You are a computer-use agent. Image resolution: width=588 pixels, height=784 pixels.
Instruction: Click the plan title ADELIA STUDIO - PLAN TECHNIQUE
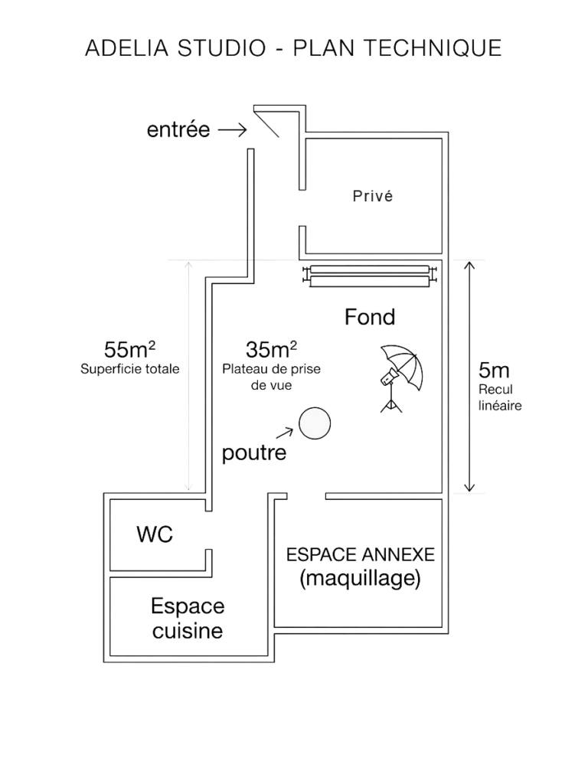[x=293, y=48]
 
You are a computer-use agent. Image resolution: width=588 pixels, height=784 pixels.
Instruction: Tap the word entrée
[x=178, y=131]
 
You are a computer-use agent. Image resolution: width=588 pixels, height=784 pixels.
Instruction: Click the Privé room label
[x=372, y=197]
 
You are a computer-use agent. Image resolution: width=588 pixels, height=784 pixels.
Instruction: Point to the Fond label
[x=371, y=316]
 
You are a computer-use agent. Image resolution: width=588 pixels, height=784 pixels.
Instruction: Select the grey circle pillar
[x=314, y=424]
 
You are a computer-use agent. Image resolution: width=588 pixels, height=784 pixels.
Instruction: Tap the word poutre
[x=254, y=454]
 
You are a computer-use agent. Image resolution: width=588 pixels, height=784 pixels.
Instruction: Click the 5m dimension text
[x=494, y=371]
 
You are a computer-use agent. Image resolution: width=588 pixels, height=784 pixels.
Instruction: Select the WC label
[x=155, y=534]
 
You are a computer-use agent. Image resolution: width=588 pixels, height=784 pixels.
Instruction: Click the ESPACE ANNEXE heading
[x=360, y=554]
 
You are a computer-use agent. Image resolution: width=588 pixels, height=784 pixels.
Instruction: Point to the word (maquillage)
[x=360, y=580]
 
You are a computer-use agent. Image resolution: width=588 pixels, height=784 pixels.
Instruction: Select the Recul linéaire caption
[x=500, y=398]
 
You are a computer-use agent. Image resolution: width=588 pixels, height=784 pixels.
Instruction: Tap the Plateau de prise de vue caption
[x=272, y=377]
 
